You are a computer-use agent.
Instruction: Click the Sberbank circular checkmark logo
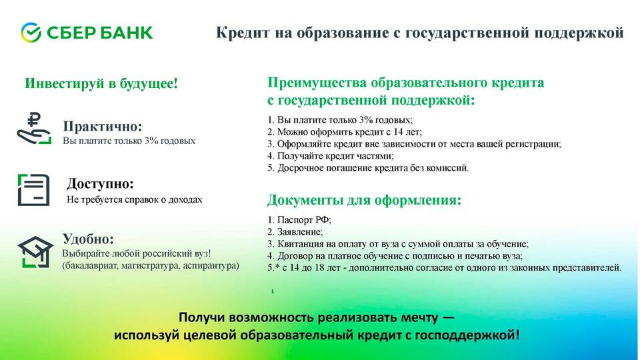pos(31,33)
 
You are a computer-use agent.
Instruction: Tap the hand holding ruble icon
pos(34,128)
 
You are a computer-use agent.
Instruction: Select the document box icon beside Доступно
pos(33,190)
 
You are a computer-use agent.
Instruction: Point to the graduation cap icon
pos(35,252)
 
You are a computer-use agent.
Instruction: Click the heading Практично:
pos(103,127)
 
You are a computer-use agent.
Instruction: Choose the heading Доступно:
pos(100,184)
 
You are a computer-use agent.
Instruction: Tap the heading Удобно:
pos(88,239)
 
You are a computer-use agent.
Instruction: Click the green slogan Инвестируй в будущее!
pos(101,83)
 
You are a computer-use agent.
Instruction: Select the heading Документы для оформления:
pos(364,200)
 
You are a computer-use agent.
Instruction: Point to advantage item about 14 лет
pos(345,132)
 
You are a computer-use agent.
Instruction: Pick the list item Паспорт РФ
pos(299,219)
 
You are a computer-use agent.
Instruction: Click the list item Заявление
pos(295,232)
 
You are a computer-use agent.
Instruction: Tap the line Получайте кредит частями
pos(331,156)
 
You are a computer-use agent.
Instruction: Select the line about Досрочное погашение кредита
pos(368,168)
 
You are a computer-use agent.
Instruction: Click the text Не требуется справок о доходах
pos(134,199)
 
